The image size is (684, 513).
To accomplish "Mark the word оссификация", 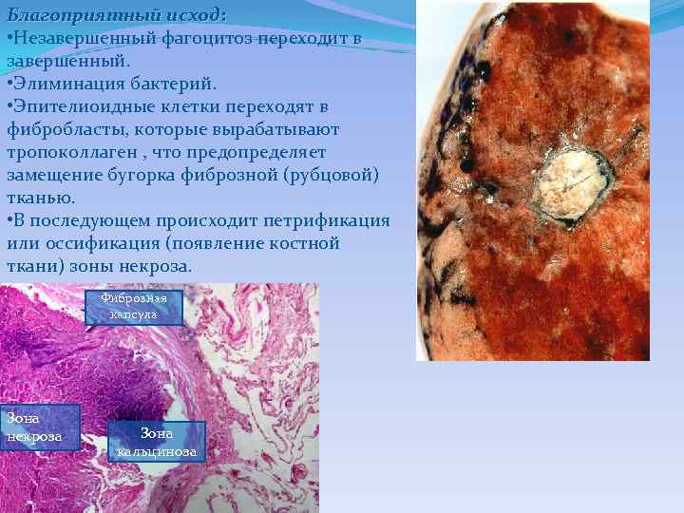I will click(x=101, y=244).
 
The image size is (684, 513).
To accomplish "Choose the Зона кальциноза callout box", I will click(x=157, y=442).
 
